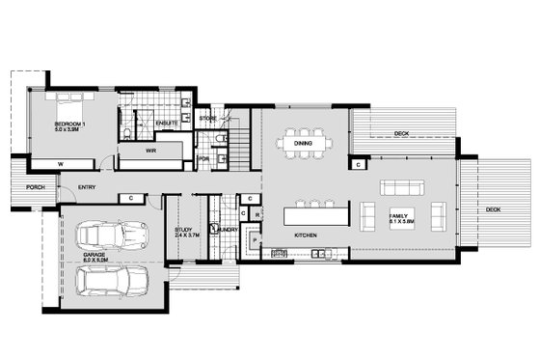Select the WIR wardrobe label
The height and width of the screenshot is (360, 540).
click(x=151, y=151)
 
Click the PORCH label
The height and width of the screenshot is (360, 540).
click(x=36, y=187)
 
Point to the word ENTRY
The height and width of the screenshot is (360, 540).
click(x=86, y=187)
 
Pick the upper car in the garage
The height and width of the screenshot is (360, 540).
click(x=108, y=235)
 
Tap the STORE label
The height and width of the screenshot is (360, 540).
click(x=208, y=118)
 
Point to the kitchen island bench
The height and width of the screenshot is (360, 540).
click(x=315, y=212)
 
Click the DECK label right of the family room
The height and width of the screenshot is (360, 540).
click(x=493, y=209)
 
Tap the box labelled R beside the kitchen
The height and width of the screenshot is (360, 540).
click(x=257, y=215)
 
